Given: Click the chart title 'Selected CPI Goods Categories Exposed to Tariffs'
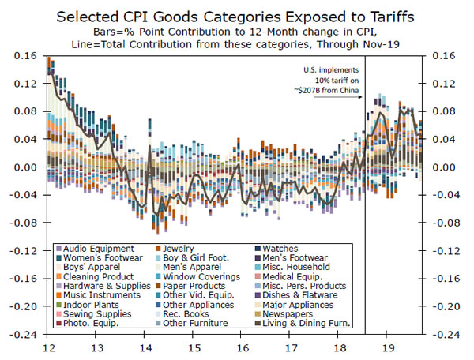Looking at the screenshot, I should (236, 16).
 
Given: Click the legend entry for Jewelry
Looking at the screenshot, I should (179, 248).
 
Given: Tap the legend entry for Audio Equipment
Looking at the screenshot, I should (98, 248).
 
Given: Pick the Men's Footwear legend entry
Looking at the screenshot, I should (305, 257).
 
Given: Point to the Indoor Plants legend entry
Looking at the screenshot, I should (89, 304).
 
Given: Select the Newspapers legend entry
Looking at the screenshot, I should (298, 313).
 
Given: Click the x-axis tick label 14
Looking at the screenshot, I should (145, 347).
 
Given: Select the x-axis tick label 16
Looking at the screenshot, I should (243, 347).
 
